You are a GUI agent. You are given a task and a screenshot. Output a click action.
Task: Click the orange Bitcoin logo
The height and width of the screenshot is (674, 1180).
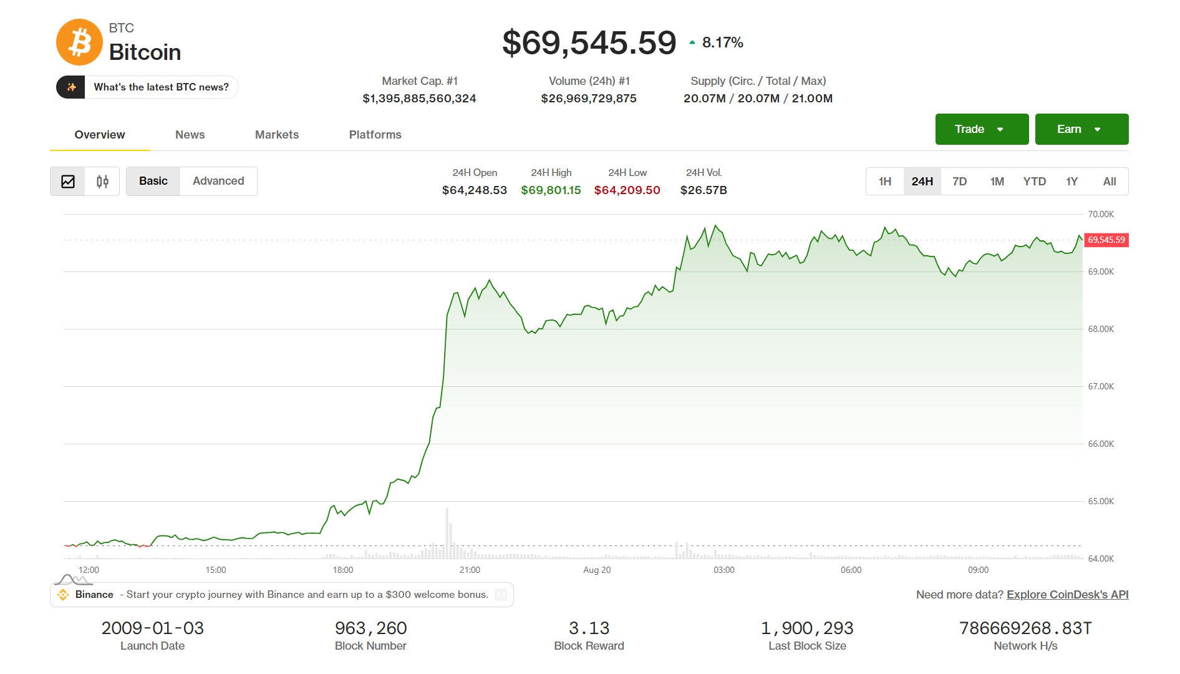coord(79,42)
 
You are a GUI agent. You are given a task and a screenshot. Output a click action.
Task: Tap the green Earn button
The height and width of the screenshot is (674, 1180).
coord(1081,129)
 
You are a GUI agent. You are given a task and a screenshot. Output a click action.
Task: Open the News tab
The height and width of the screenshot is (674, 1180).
coord(190,135)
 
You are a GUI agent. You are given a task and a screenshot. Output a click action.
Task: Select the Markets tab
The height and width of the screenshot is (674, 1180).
coord(277,135)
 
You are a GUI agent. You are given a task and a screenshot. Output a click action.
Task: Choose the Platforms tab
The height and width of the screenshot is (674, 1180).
coord(375,135)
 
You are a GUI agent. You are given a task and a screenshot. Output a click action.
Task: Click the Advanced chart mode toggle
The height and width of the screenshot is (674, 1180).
coord(218,181)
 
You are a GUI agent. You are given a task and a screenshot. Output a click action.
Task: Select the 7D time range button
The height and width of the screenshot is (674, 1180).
coord(960,182)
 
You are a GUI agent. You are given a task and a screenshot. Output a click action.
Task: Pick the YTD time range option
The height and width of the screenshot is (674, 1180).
coord(1035,182)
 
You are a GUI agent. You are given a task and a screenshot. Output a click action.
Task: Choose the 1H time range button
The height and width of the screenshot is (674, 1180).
coord(885,182)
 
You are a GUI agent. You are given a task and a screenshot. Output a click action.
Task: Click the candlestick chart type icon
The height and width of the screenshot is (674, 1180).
coord(102,182)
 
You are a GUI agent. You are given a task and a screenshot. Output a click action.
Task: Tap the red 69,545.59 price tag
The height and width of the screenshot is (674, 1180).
coord(1106,240)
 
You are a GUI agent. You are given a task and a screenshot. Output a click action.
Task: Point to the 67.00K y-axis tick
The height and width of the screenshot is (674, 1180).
coord(1101,386)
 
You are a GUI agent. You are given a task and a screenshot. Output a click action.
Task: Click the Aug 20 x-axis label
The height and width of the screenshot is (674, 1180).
coord(597,570)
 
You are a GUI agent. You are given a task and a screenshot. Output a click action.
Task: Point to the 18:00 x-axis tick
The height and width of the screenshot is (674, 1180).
coord(343,570)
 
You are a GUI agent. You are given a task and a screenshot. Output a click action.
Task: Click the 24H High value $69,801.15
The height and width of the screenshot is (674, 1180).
coord(551,190)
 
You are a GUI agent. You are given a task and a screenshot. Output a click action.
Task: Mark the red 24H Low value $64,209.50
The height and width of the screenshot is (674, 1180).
coord(627,190)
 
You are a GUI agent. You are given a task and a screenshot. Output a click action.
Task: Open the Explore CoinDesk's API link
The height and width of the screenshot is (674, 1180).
coord(1068,595)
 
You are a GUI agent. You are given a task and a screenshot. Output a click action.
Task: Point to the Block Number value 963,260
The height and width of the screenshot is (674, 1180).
coord(370,628)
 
